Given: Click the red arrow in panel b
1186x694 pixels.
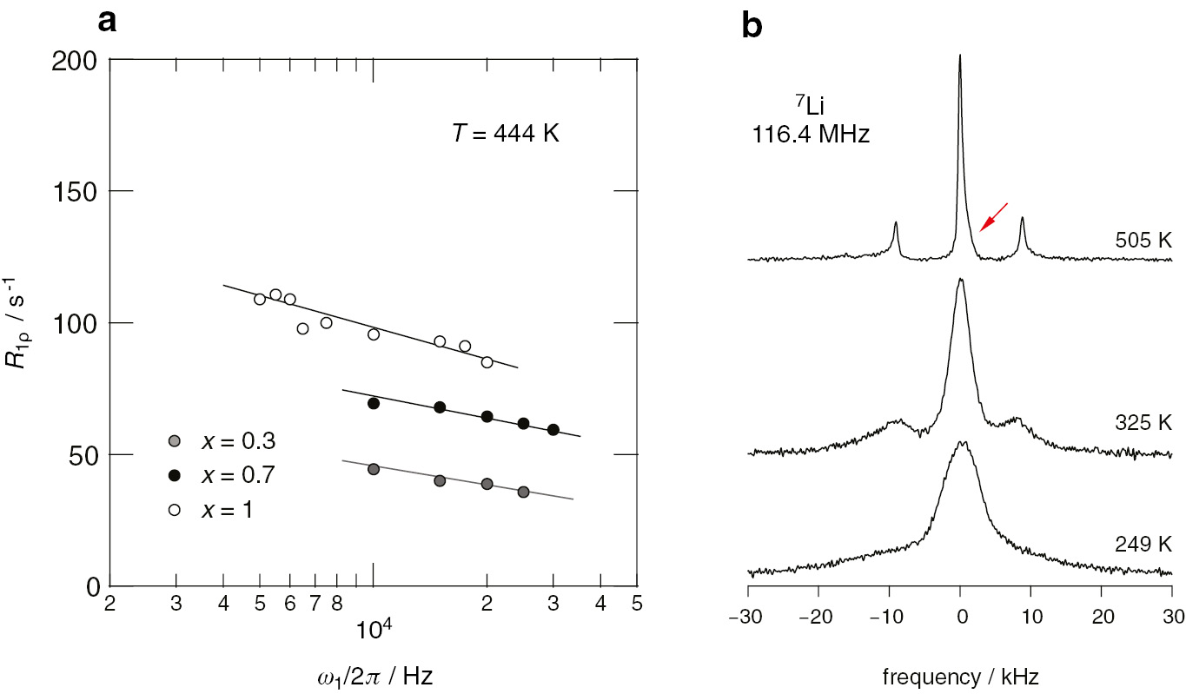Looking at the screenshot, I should pyautogui.click(x=994, y=217).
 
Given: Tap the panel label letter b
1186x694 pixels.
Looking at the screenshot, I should pyautogui.click(x=752, y=27).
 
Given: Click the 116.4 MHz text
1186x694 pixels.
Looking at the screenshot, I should pyautogui.click(x=810, y=135).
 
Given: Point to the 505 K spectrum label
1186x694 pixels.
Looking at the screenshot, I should pyautogui.click(x=1143, y=241).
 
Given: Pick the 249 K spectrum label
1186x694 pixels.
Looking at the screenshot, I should pyautogui.click(x=1143, y=545).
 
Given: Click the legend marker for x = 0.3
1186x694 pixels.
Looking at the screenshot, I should pyautogui.click(x=174, y=441).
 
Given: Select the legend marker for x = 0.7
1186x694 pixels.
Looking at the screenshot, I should pyautogui.click(x=174, y=475).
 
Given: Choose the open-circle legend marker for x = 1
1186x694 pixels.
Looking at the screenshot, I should pyautogui.click(x=174, y=510).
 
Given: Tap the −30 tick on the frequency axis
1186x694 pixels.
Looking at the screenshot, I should pyautogui.click(x=748, y=615).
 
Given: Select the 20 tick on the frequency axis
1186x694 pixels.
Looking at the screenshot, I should pyautogui.click(x=1101, y=615).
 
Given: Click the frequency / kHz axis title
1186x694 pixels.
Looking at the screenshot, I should pyautogui.click(x=960, y=674).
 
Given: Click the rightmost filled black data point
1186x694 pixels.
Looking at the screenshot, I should pyautogui.click(x=553, y=430).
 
